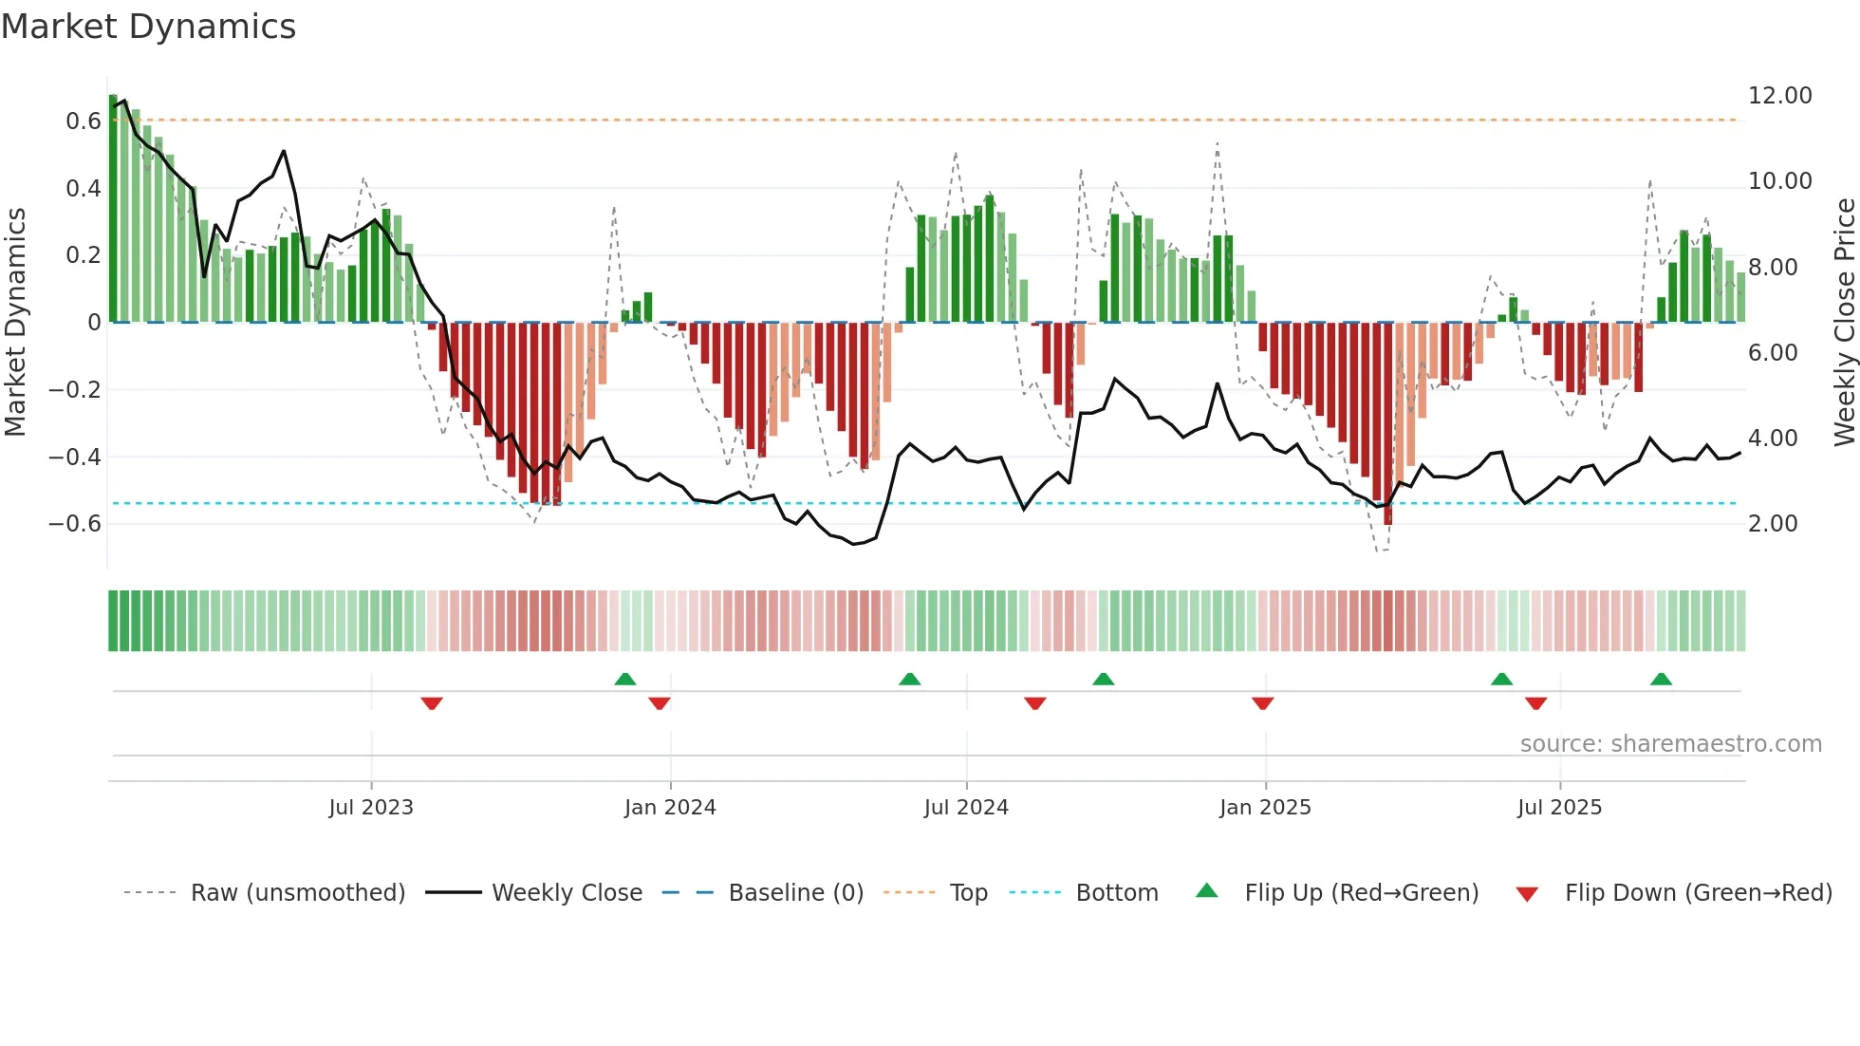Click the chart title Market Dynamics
coord(148,27)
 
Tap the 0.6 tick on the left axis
coord(83,121)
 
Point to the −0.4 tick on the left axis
coord(75,458)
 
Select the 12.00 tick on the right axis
coord(1779,96)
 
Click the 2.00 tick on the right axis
coord(1772,524)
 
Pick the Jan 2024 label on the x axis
coord(670,808)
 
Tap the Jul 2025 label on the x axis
coord(1559,808)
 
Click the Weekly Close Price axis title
coord(1844,322)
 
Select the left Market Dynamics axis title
coord(15,322)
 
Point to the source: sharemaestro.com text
coord(1670,744)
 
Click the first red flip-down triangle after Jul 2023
coord(432,703)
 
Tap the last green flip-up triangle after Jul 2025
coord(1661,679)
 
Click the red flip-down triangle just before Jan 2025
coord(1262,703)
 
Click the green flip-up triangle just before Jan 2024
coord(625,679)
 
